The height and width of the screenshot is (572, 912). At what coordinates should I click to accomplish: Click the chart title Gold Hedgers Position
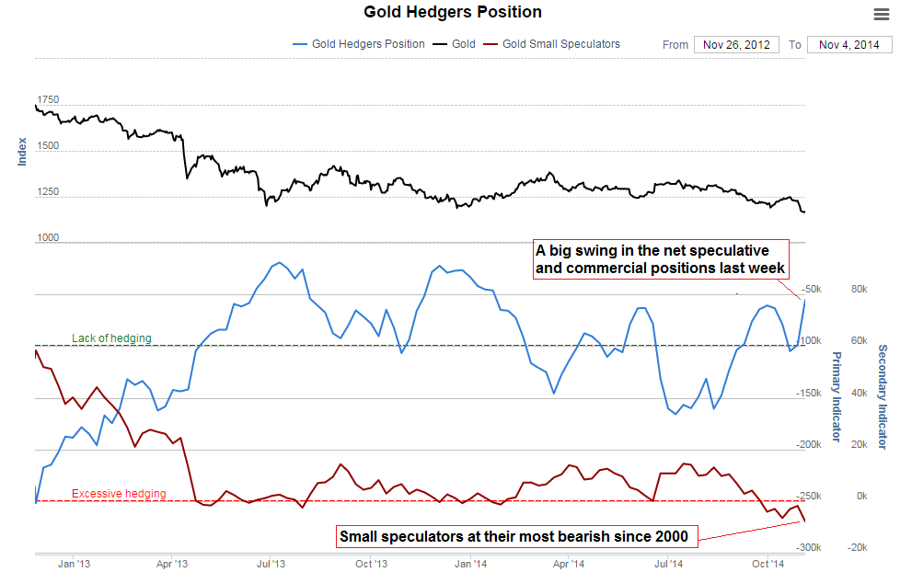[453, 12]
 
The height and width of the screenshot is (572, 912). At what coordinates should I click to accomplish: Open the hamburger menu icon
[882, 13]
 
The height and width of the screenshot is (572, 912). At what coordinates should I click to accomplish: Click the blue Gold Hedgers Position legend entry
[358, 43]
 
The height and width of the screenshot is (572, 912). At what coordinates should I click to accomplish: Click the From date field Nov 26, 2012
[737, 44]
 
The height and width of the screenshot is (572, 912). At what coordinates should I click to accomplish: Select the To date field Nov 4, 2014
[849, 44]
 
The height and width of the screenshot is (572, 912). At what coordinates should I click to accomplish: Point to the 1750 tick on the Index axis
[48, 99]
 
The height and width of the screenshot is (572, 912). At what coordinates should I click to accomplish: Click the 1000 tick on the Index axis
[48, 238]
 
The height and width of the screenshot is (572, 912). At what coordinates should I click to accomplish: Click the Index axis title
[23, 151]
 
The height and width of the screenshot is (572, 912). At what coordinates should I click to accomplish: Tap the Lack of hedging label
[111, 338]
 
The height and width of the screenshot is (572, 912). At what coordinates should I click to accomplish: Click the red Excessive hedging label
[119, 494]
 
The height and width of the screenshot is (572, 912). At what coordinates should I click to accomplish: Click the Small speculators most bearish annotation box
[514, 536]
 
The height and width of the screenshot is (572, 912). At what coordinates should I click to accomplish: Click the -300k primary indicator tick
[809, 547]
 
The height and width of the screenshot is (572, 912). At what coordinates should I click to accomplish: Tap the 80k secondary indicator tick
[860, 289]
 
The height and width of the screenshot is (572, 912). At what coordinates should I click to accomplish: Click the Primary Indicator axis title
[837, 396]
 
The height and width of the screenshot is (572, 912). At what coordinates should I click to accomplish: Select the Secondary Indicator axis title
[882, 396]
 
